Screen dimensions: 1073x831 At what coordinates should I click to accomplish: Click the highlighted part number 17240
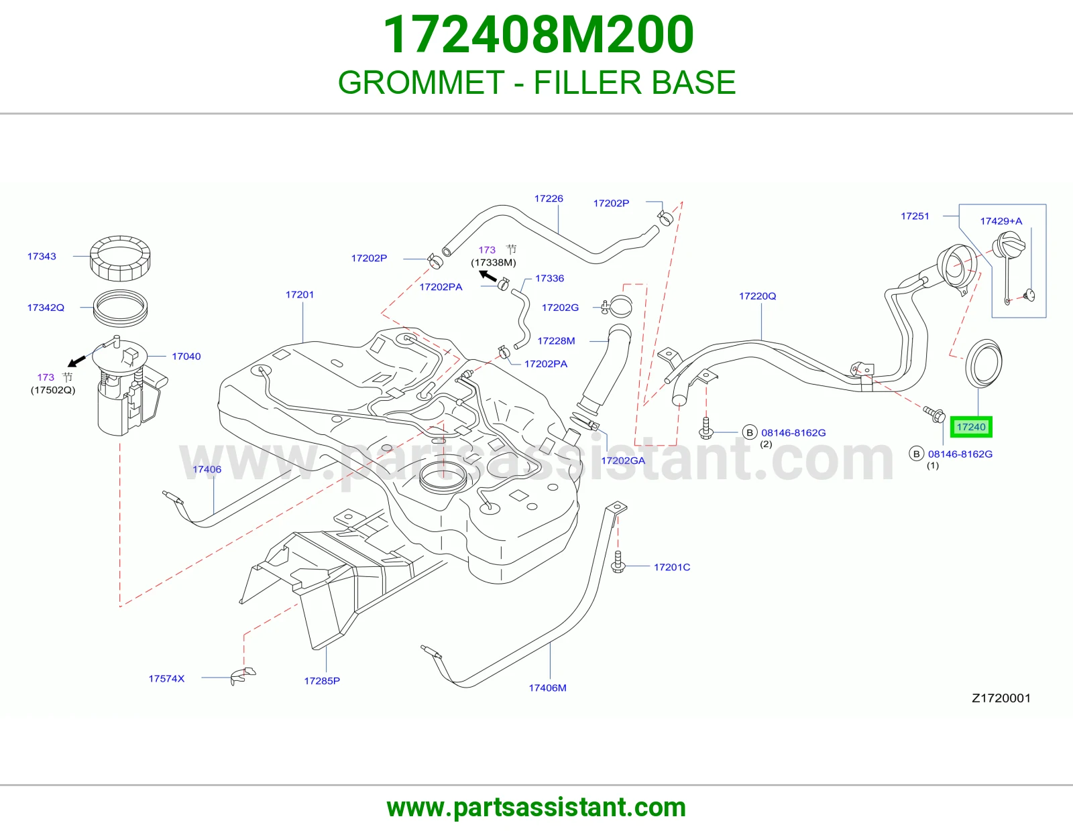click(x=971, y=427)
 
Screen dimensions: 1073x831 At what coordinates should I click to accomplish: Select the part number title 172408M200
click(x=539, y=35)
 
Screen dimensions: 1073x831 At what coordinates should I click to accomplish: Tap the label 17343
click(x=42, y=256)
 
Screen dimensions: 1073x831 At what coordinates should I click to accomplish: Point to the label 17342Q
click(x=46, y=308)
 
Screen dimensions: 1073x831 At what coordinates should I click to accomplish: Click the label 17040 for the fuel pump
click(x=186, y=357)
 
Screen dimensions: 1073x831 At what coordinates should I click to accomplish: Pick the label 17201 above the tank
click(x=300, y=295)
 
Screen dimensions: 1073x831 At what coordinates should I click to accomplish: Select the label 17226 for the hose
click(x=549, y=198)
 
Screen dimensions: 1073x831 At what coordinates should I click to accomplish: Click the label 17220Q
click(x=757, y=296)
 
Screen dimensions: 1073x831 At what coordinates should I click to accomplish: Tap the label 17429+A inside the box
click(x=1001, y=221)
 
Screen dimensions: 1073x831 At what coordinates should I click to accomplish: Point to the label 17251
click(x=915, y=216)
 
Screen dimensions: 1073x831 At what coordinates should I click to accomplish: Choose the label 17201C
click(x=672, y=568)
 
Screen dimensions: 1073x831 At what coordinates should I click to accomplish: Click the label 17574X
click(x=166, y=678)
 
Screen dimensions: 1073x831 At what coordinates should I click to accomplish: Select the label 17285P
click(x=322, y=681)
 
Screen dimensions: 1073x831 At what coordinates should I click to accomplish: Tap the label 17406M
click(x=548, y=688)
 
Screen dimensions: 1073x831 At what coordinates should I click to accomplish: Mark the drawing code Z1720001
click(x=1001, y=698)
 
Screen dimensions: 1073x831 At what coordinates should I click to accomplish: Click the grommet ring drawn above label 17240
click(x=968, y=375)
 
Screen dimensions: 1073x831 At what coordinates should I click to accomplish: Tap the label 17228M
click(x=556, y=341)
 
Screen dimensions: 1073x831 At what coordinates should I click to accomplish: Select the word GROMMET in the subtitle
click(x=421, y=82)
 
